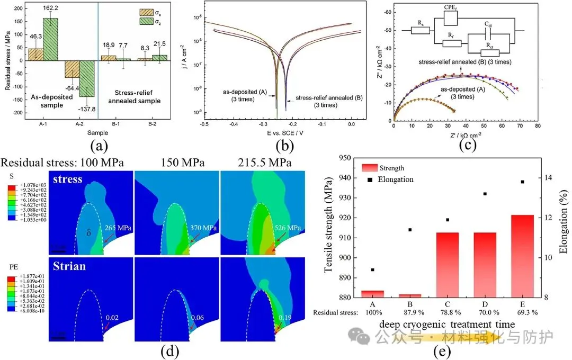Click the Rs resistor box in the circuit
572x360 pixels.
(x=420, y=29)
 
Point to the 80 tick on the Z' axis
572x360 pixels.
(x=538, y=127)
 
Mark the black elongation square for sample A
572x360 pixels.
(x=373, y=269)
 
